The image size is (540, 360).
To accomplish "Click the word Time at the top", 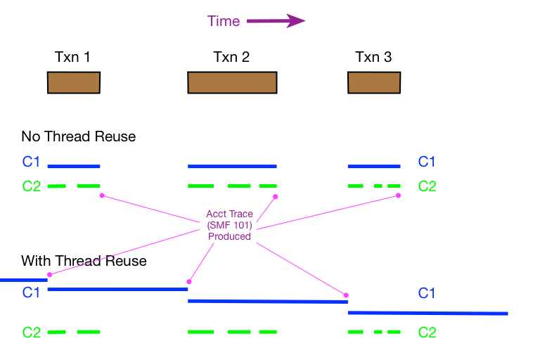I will (x=224, y=21).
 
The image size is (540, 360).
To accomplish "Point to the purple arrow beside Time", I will (x=276, y=21).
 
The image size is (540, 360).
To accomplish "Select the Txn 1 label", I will (x=72, y=57).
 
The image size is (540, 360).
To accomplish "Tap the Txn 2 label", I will (x=231, y=57).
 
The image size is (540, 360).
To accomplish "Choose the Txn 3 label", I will (x=373, y=57).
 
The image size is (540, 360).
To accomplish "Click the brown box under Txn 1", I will (x=74, y=82).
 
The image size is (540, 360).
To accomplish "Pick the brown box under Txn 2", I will (x=232, y=82).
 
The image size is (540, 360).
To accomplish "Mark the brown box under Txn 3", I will (x=374, y=82).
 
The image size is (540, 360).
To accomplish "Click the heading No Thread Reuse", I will (x=78, y=136).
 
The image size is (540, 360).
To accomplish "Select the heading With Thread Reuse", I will (x=84, y=262).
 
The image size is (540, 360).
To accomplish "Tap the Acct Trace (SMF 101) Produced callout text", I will (x=229, y=225).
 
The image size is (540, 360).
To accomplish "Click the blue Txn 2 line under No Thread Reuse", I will (x=232, y=167).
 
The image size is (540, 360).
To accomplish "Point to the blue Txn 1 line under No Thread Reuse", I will (x=74, y=167).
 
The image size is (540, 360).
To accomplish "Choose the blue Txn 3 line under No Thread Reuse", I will (x=374, y=167).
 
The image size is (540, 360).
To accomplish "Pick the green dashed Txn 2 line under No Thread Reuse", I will (x=232, y=186).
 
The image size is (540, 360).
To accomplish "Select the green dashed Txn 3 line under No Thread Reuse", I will (x=374, y=186).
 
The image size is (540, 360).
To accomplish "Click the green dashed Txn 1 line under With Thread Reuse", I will (x=74, y=332).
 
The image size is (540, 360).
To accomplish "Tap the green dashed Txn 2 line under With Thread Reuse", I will (x=232, y=332).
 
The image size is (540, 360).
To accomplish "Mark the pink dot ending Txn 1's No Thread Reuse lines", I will (x=102, y=195).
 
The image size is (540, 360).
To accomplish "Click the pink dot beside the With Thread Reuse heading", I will (x=49, y=274).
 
